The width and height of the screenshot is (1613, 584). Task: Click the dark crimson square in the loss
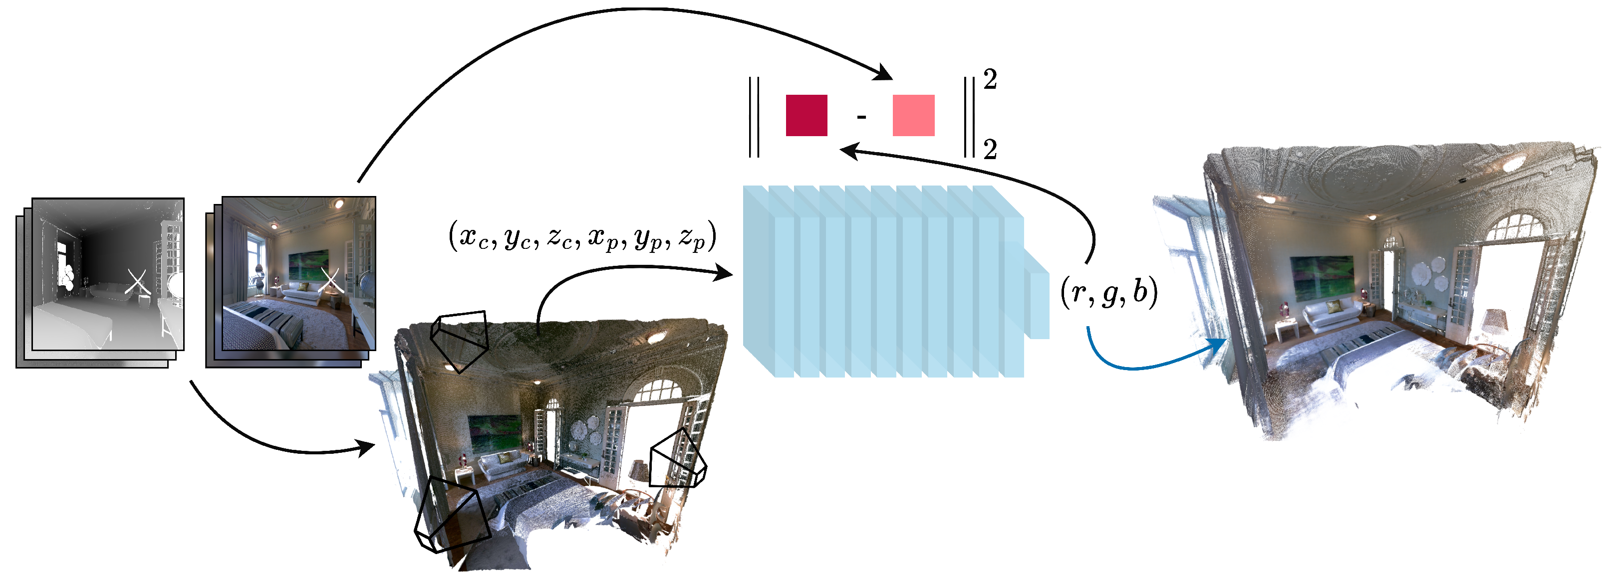pos(806,115)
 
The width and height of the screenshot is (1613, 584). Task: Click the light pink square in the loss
pos(914,115)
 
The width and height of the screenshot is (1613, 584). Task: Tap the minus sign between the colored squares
pos(861,116)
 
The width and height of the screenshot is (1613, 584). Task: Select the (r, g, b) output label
pos(1109,292)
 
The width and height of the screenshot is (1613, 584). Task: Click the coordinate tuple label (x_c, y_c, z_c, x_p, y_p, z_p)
pos(582,236)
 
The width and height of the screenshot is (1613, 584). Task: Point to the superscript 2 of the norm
pos(990,79)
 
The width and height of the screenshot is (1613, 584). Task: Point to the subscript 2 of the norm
pos(990,150)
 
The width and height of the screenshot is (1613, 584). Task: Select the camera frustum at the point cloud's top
pos(460,341)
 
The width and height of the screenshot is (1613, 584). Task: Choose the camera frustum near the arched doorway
pos(677,460)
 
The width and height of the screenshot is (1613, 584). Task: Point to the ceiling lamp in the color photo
pos(339,204)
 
